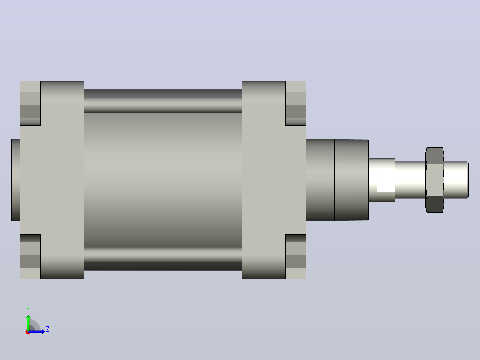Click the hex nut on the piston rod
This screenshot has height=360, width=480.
(435, 180)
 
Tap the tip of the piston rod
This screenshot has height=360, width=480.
(468, 180)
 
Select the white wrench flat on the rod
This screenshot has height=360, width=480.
(386, 180)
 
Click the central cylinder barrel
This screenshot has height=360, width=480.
(163, 180)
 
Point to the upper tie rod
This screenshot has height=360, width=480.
(163, 101)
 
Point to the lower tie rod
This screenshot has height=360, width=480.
(163, 259)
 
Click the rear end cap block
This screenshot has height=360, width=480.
(52, 180)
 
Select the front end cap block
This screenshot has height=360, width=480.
(274, 180)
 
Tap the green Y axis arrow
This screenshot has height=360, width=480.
(28, 323)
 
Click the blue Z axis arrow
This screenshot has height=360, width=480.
(37, 331)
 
